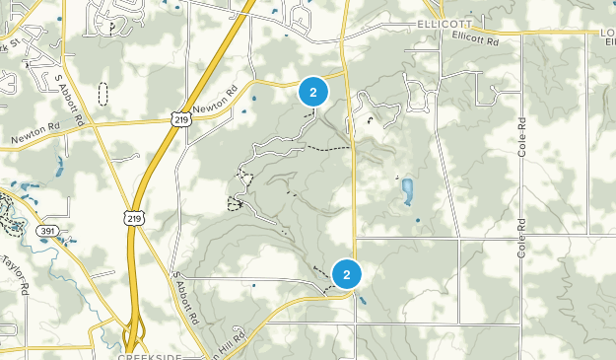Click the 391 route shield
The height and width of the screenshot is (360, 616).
point(46,229)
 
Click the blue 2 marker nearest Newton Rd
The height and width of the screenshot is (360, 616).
point(313,93)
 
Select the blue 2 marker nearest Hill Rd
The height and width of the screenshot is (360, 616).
point(347,274)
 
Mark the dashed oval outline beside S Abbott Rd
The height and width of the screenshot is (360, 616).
point(103,95)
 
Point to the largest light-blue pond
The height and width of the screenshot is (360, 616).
point(407,189)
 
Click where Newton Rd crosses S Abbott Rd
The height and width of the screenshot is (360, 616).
point(95,124)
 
